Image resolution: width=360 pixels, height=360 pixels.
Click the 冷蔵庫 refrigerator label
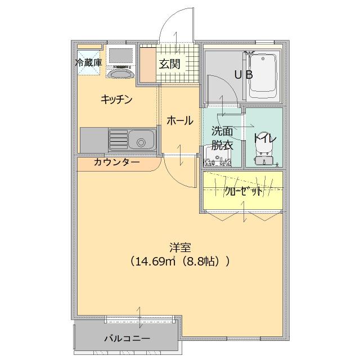pos(89,62)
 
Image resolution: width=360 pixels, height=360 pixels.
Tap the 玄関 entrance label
pos(169,64)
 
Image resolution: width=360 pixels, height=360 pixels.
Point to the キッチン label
pos(116,100)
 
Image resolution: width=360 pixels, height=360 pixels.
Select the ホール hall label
pos(180,120)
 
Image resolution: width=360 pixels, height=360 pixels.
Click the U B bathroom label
pos(243,74)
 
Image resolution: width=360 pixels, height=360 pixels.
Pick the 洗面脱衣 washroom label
pos(222,137)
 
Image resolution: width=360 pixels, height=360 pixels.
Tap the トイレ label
pos(263,137)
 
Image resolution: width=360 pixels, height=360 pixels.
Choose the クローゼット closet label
pos(243,191)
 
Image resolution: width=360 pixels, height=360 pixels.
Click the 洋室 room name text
pos(180,247)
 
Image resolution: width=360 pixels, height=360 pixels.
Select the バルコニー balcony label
pos(127,339)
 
